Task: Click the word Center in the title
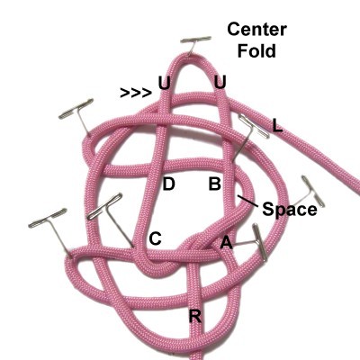click(x=257, y=30)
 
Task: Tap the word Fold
click(x=256, y=50)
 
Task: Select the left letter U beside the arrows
click(x=164, y=83)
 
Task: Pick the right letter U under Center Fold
click(x=220, y=82)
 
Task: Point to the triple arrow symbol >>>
click(x=136, y=93)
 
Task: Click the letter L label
click(x=277, y=125)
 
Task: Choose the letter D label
click(x=168, y=184)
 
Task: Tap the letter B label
click(x=215, y=184)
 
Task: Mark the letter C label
click(x=156, y=239)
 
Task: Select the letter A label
click(x=227, y=242)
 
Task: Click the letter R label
click(x=195, y=316)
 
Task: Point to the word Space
click(x=290, y=209)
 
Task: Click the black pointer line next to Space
click(x=247, y=201)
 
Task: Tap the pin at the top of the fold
click(x=196, y=39)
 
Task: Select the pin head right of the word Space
click(x=313, y=191)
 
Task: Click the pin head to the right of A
click(x=260, y=242)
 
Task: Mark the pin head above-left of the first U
click(x=76, y=108)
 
